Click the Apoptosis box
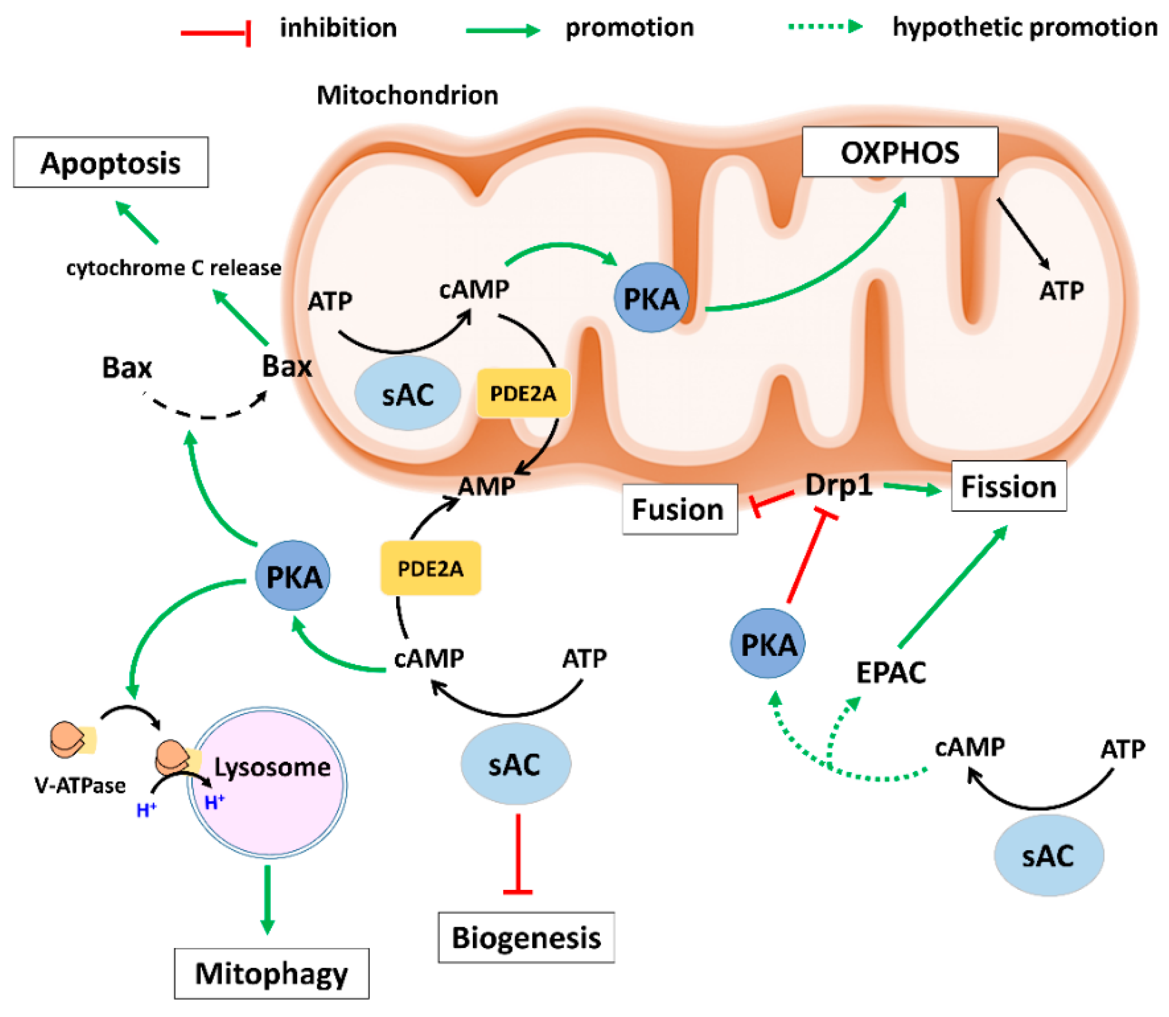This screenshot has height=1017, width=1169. (x=111, y=163)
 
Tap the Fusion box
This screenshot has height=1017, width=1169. (x=679, y=509)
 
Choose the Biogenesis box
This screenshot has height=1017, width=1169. (x=526, y=937)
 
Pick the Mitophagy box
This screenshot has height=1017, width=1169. (x=271, y=973)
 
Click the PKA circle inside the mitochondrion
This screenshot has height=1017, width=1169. (x=651, y=298)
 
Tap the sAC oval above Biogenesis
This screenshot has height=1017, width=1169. (x=515, y=764)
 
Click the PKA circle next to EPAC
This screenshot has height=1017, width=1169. (x=768, y=643)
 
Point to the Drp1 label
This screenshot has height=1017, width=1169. (x=838, y=485)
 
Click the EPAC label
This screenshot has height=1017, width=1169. (x=890, y=673)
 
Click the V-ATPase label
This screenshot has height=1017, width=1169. (x=80, y=786)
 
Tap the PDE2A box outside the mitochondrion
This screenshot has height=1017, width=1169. (x=430, y=568)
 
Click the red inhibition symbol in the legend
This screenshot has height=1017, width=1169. (x=216, y=33)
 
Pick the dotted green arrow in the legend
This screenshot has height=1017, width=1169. (x=825, y=27)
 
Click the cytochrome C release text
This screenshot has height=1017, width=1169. (x=173, y=268)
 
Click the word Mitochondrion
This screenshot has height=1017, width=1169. (x=407, y=95)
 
